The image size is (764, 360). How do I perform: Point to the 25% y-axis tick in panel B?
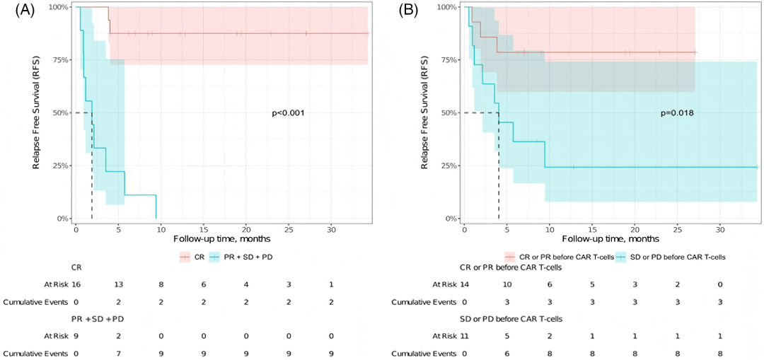coord(446,166)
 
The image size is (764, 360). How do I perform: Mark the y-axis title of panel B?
coord(427,113)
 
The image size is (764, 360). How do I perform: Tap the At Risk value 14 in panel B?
coord(464,284)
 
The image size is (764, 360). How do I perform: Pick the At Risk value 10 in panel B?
coord(507,284)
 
